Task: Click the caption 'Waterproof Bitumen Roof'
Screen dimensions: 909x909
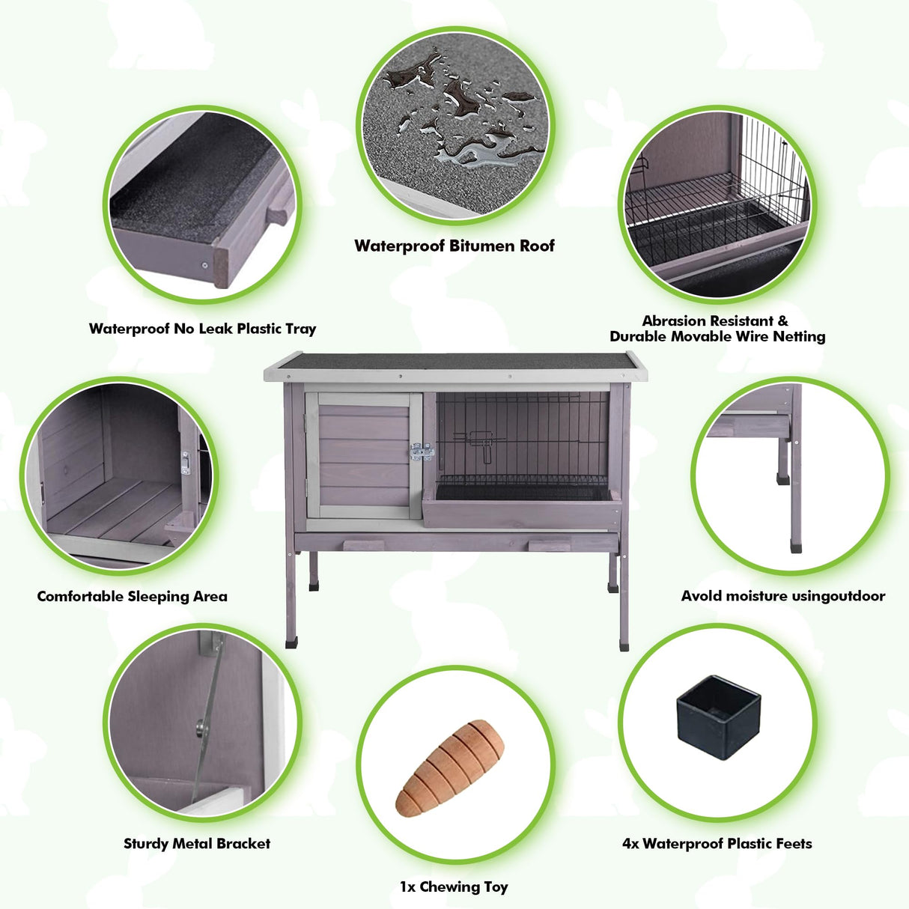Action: click(x=454, y=246)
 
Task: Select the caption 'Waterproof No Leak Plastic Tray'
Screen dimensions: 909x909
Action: click(x=202, y=329)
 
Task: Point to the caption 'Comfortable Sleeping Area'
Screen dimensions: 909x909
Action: click(x=132, y=597)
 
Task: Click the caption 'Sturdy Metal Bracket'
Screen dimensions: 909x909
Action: click(x=197, y=844)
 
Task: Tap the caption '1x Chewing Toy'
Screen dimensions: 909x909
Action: click(x=454, y=887)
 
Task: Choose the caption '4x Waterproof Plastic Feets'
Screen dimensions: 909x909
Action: click(x=717, y=844)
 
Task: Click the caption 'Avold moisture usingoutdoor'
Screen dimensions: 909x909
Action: click(x=782, y=597)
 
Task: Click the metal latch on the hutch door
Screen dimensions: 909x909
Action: click(x=422, y=452)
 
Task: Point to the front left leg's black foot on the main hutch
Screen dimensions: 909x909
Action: click(x=292, y=642)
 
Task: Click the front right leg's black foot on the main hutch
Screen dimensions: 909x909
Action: click(x=624, y=645)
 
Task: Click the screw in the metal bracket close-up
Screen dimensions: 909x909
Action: click(x=200, y=725)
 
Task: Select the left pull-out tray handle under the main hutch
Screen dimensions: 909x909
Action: click(x=363, y=546)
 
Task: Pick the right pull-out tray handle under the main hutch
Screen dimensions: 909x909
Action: click(x=549, y=546)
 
